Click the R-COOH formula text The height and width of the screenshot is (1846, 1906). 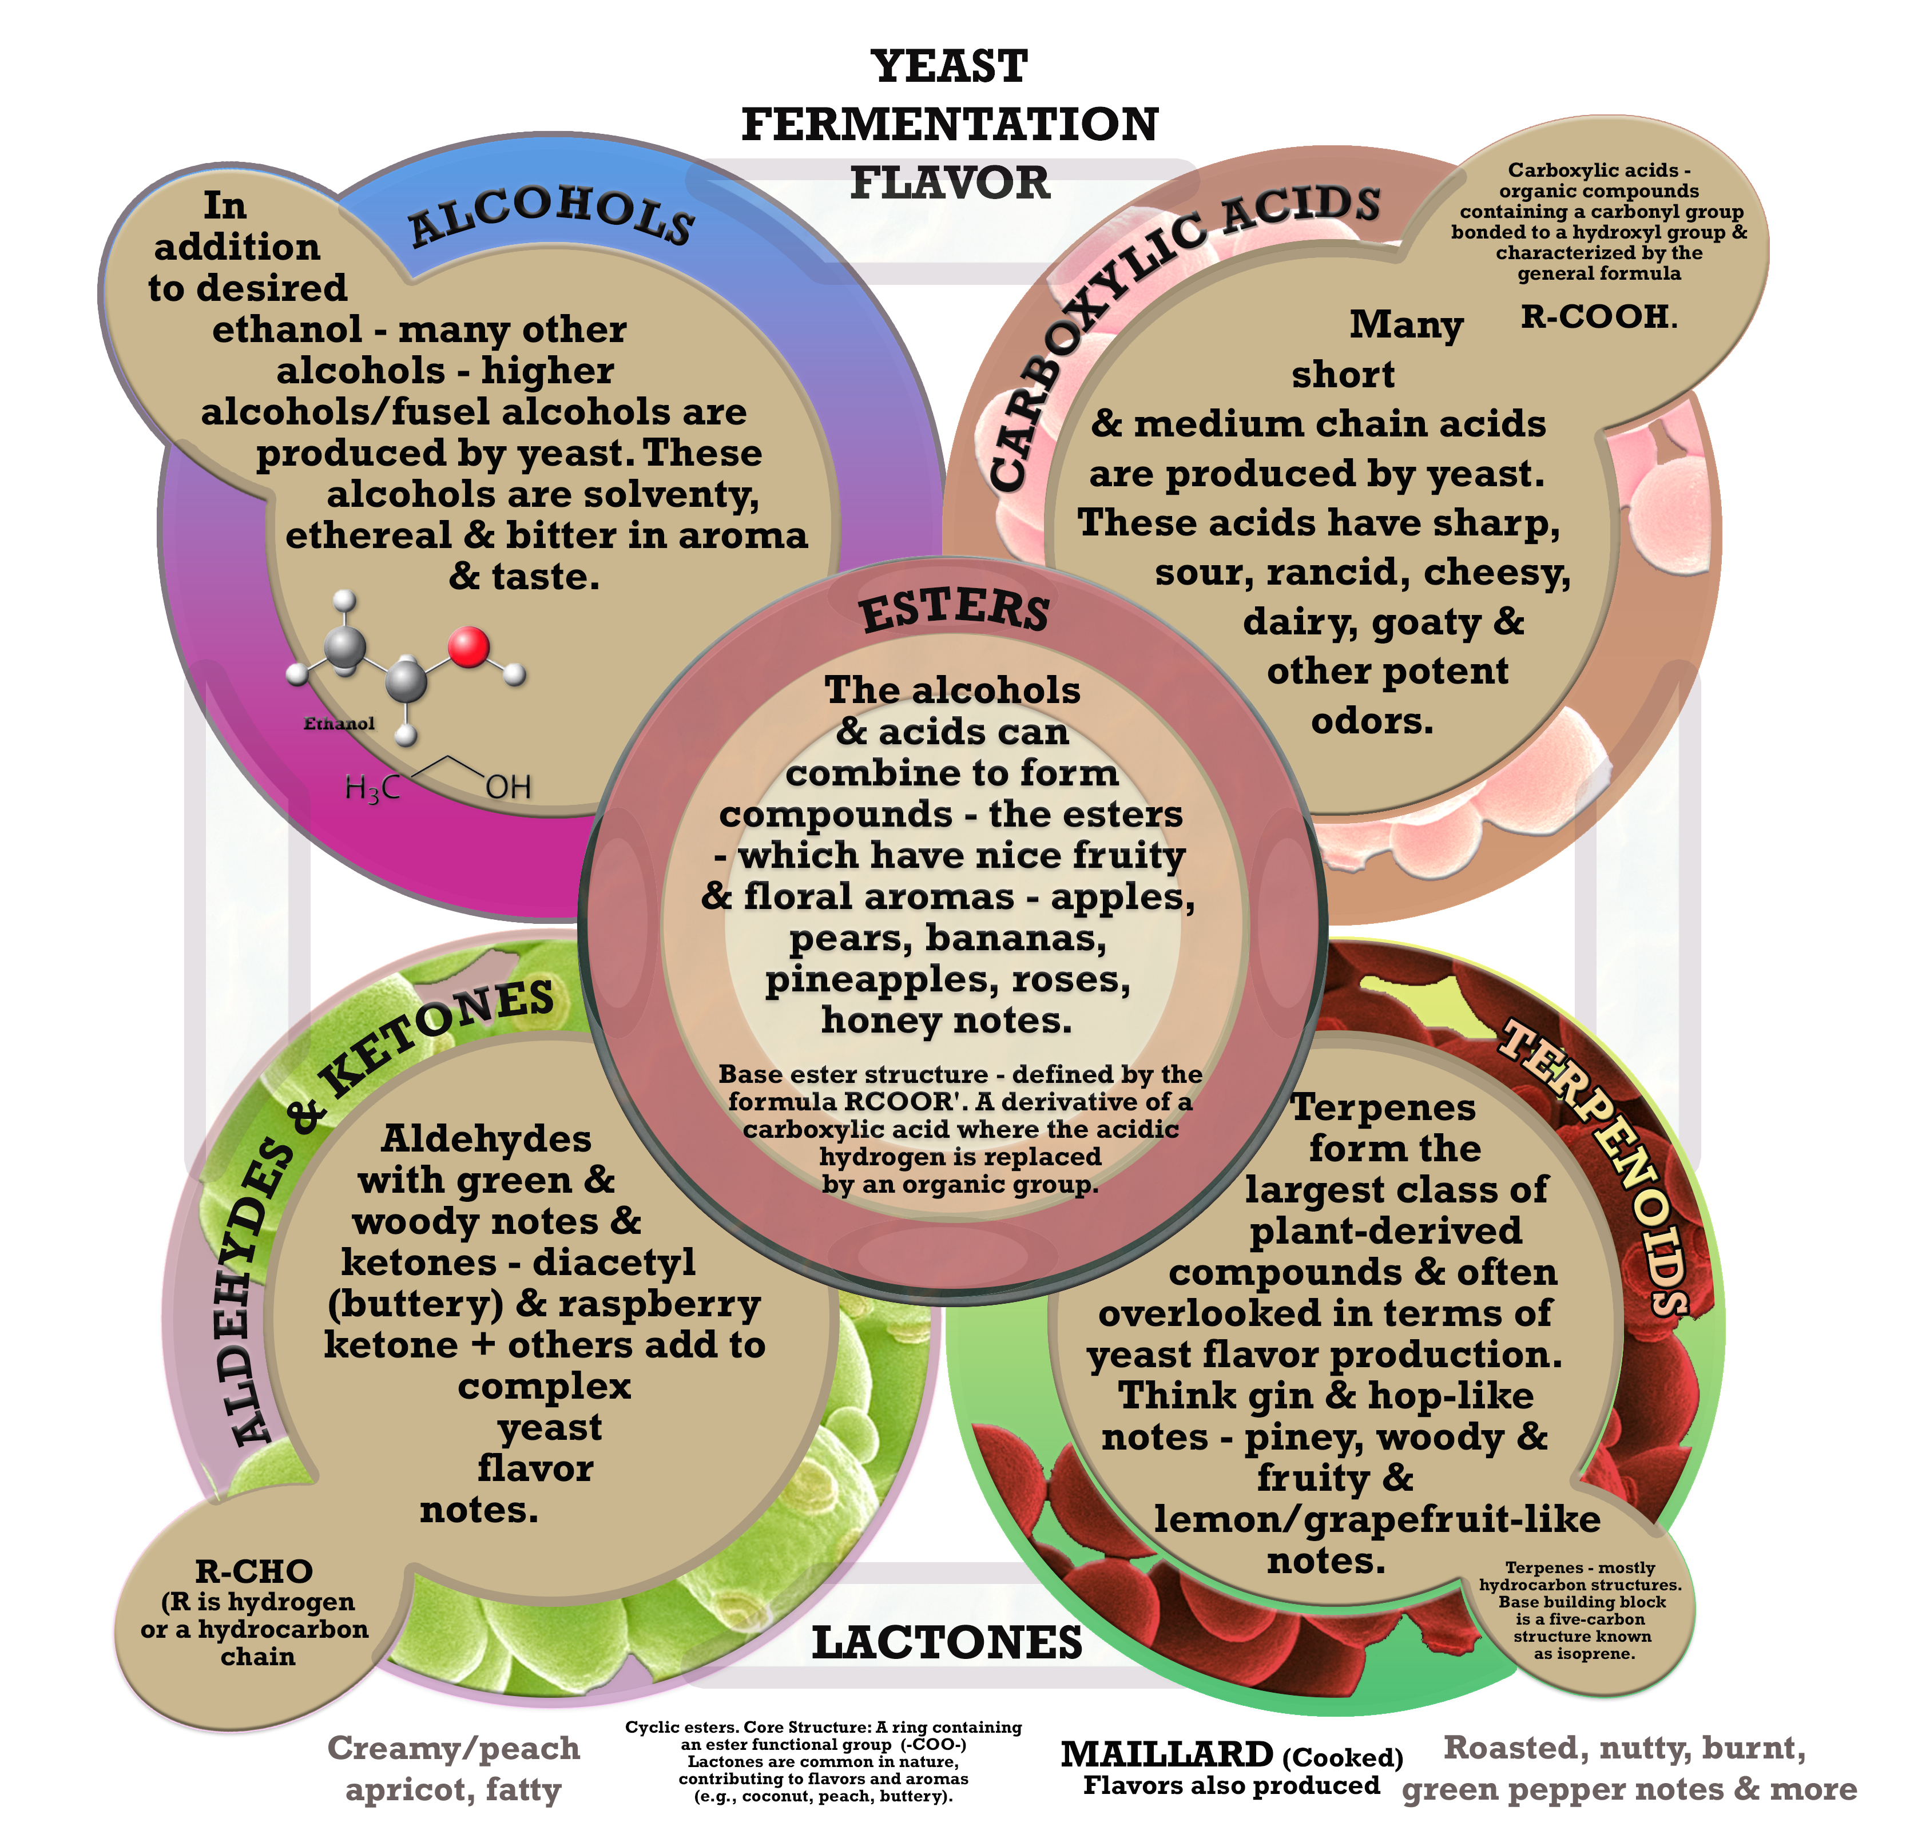[1596, 316]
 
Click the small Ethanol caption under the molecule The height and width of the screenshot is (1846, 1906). [339, 724]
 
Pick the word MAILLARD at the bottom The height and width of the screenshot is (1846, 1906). [1166, 1754]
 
